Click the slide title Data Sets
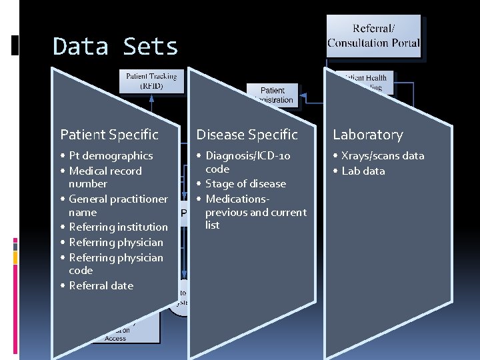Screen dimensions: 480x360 pos(115,47)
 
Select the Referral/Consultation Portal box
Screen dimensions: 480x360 pos(373,37)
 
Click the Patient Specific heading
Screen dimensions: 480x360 pos(109,135)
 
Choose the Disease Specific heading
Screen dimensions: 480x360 pos(247,135)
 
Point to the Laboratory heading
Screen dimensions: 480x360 pos(368,135)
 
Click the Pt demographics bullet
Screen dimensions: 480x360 pos(111,156)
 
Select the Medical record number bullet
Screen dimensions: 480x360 pos(105,177)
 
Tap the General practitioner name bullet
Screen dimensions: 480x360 pos(117,205)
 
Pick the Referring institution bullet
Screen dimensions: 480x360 pos(118,227)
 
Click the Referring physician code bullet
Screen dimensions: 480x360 pos(115,264)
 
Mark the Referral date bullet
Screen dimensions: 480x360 pos(101,286)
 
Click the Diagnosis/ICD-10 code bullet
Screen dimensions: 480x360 pos(247,162)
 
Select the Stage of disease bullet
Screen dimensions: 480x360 pos(245,184)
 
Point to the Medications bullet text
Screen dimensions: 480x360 pos(255,212)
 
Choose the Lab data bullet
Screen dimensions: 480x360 pos(363,171)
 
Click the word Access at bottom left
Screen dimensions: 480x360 pos(115,338)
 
